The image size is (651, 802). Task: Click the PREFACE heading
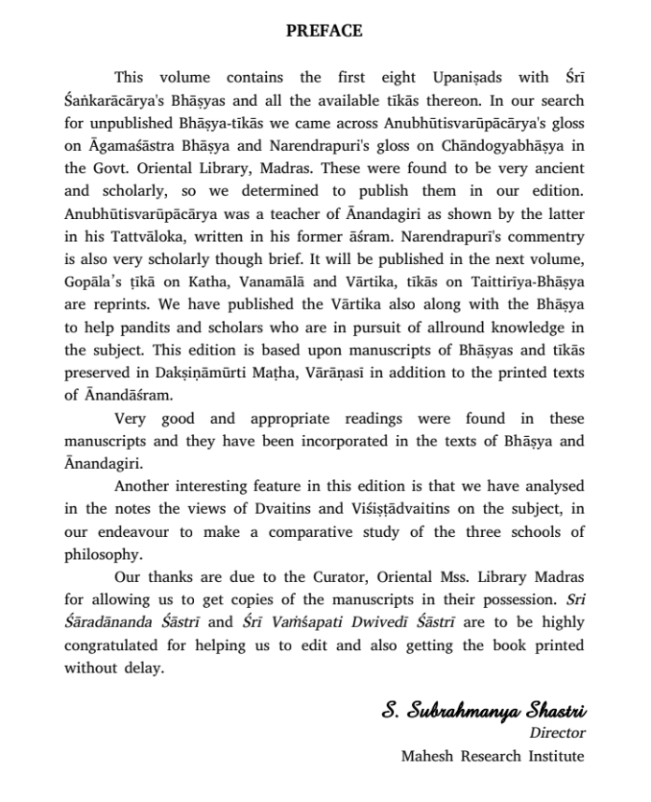tap(325, 31)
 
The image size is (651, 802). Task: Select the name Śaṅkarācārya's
tap(113, 101)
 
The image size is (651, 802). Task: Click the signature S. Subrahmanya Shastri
tap(483, 712)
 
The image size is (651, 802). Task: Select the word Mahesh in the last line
tap(431, 756)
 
